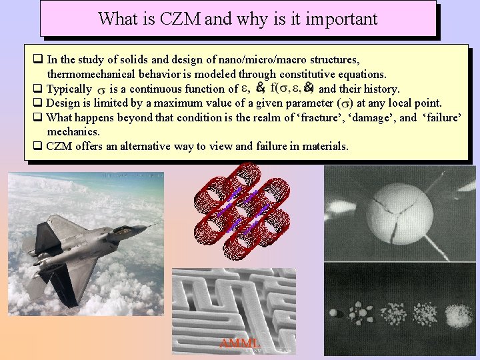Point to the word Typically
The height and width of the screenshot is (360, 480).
tap(69, 89)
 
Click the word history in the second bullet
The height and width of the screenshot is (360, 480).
tap(380, 89)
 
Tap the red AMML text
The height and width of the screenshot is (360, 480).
tap(239, 343)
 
